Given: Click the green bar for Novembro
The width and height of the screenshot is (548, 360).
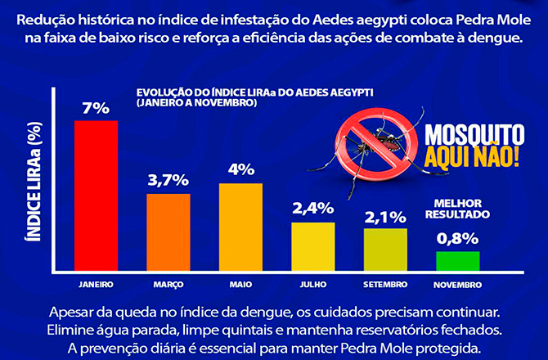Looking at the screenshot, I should (457, 261).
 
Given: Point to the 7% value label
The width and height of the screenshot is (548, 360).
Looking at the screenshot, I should (96, 108).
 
